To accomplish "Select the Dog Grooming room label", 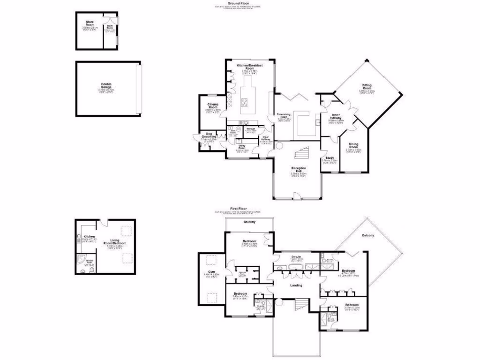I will coord(208,136).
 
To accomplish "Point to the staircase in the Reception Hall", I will coord(299,153).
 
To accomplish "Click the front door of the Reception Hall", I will coord(297,196).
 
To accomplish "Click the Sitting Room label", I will coord(367,88).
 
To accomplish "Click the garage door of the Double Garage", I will coord(138,90).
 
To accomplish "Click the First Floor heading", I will coord(238,209).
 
